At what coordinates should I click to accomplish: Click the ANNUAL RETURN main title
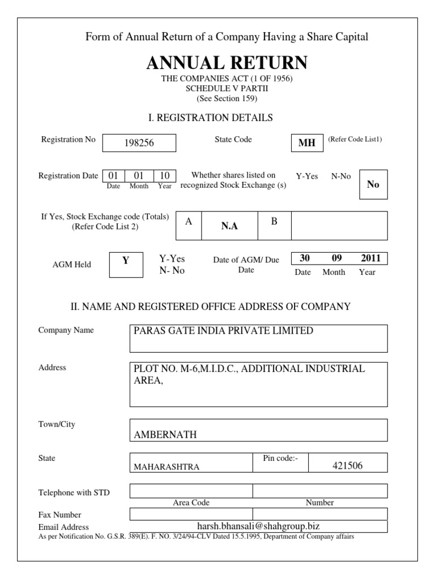coord(227,62)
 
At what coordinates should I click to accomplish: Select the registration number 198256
coord(139,144)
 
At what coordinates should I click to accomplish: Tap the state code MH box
coord(306,143)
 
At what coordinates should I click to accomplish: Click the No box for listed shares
coord(373,184)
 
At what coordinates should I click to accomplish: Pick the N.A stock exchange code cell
coord(229,226)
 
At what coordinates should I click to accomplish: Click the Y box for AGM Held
coord(126,261)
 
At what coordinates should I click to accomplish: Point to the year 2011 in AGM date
coord(370,258)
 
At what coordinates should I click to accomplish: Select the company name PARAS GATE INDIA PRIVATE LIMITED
coord(223,331)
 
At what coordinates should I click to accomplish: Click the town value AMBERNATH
coord(165,435)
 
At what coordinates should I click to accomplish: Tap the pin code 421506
coord(348,466)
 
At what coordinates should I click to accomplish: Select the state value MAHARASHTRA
coord(166,467)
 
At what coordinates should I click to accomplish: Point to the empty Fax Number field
coord(258,514)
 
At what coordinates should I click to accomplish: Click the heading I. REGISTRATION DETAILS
coord(210,118)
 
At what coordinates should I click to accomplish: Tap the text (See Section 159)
coord(227,98)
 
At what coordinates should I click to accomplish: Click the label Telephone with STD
coord(74,492)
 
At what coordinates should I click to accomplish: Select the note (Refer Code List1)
coord(355,139)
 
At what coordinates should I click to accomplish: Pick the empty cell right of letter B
coord(339,226)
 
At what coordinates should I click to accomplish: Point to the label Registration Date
coord(68,176)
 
